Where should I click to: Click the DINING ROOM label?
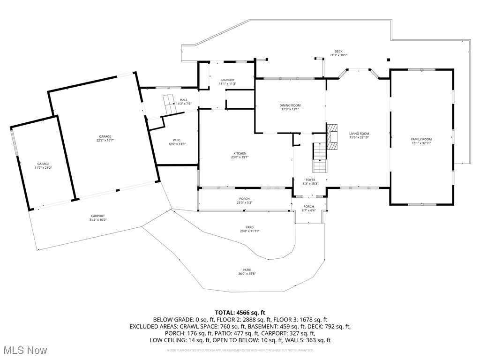[x=290, y=105]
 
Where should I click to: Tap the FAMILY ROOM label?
[x=421, y=139]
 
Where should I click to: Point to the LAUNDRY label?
[x=227, y=80]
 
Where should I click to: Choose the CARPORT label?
[x=97, y=216]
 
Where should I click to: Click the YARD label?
[x=249, y=227]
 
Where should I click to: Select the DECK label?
[x=338, y=52]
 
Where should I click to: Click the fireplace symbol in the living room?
[x=332, y=136]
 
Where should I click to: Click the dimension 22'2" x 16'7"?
[x=105, y=140]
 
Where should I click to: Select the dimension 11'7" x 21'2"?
[x=43, y=168]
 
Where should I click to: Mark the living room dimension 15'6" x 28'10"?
[x=359, y=137]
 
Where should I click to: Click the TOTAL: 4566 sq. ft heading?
[x=240, y=312]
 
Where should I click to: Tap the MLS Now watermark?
[x=24, y=350]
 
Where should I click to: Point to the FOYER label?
[x=310, y=180]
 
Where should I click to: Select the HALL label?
[x=184, y=100]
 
